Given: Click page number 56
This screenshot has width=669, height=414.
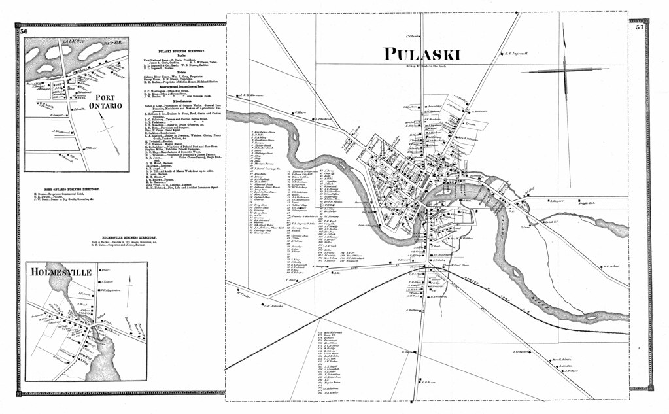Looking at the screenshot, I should click(x=24, y=31).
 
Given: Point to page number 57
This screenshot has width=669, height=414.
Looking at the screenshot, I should click(x=639, y=27).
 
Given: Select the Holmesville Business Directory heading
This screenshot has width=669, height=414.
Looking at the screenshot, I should click(x=137, y=237).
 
